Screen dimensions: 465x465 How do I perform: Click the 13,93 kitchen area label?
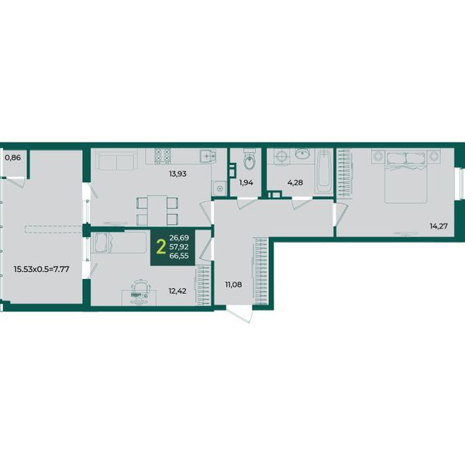coord(177,174)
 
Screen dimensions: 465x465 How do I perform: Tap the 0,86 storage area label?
coord(13,157)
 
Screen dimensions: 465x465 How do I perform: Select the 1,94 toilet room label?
coord(246,183)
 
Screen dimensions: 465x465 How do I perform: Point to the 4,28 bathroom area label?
coord(295,183)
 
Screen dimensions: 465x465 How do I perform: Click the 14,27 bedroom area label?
coord(439,226)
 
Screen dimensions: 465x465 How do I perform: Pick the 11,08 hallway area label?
coord(233,284)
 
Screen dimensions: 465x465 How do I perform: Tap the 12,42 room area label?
coord(177,291)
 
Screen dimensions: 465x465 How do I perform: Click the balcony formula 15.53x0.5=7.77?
coord(42,269)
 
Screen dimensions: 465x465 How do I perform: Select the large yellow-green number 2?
coord(160,247)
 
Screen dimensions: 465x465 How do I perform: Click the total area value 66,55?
coord(179,256)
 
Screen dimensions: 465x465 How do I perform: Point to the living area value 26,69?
coord(179,238)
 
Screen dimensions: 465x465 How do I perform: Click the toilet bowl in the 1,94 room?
coord(250,159)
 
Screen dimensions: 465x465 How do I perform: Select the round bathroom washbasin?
coord(302,153)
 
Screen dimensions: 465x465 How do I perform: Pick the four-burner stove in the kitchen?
coord(163,156)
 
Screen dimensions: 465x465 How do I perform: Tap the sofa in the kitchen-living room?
coord(118,160)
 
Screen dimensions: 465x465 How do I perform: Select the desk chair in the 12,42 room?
coord(140,292)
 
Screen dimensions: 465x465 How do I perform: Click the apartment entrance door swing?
coord(241,315)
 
